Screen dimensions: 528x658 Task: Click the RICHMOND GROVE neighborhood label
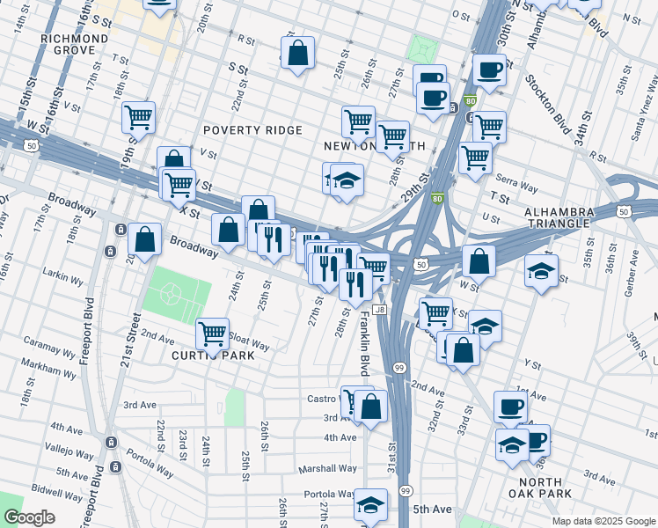click(74, 45)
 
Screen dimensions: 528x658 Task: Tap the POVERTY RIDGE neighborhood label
click(252, 130)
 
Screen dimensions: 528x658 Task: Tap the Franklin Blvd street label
click(362, 344)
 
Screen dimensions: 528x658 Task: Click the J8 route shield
click(379, 310)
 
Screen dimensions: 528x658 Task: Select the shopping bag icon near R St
click(298, 54)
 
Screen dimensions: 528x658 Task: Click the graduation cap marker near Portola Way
click(370, 505)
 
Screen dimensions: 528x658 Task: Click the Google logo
click(28, 517)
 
